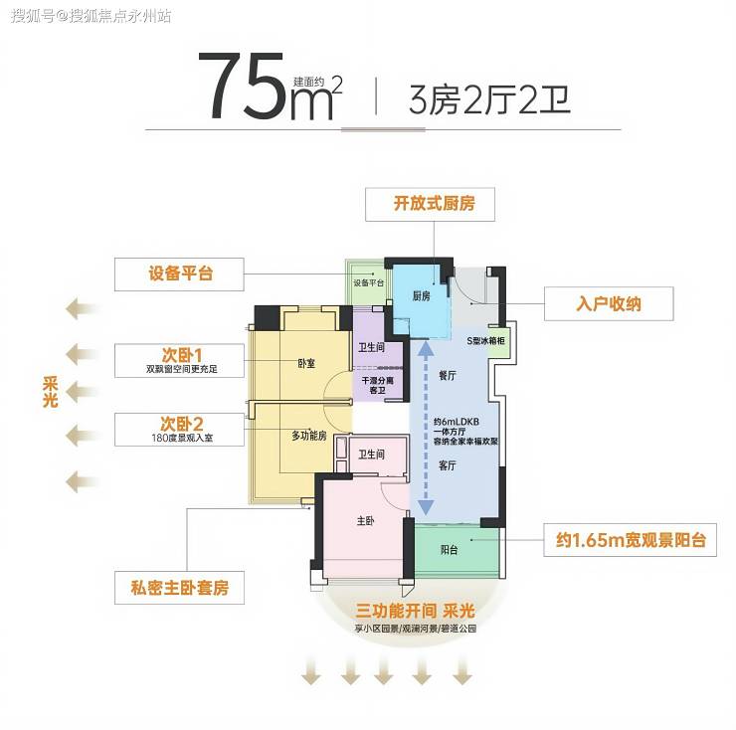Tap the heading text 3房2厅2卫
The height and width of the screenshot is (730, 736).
[490, 100]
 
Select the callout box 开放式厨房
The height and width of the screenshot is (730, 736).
[434, 205]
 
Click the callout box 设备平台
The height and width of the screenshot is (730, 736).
[180, 274]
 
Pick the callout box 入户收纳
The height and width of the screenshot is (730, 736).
[609, 303]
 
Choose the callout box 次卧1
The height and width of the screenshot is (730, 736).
[180, 359]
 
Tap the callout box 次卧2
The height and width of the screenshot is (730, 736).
[180, 429]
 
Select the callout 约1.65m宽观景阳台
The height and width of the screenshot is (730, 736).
[631, 542]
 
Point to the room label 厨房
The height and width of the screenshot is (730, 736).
[421, 296]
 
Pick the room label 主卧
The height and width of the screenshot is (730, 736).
[366, 521]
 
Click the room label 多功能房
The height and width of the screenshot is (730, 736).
[309, 436]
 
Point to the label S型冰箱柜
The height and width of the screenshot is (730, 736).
[486, 341]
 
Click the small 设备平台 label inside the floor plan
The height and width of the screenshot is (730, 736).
[368, 282]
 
